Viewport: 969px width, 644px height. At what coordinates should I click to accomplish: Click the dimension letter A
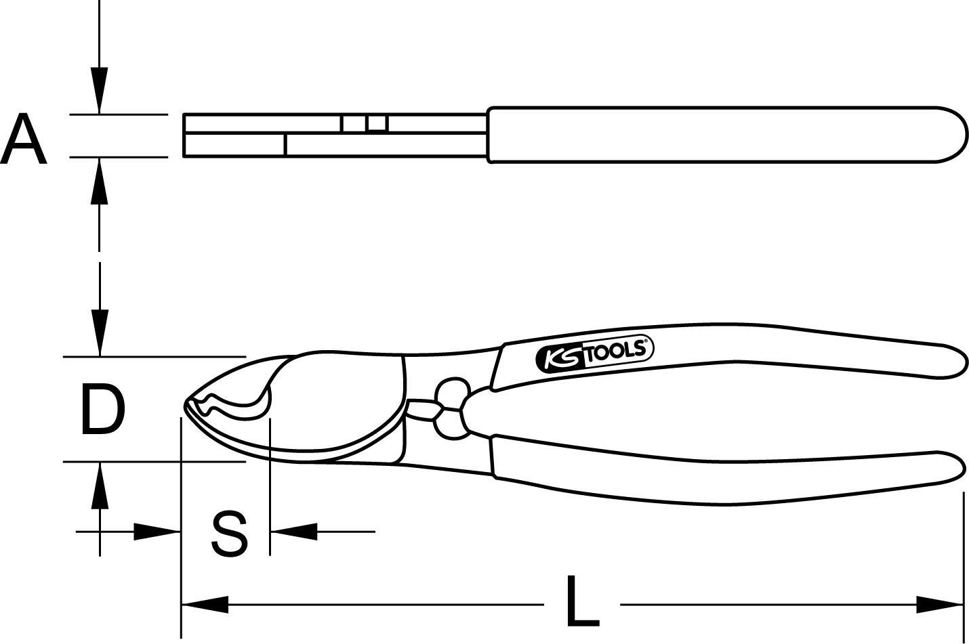[x=23, y=139]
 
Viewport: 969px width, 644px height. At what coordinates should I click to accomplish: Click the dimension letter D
[x=103, y=409]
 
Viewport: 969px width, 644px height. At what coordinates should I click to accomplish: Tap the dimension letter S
[x=229, y=533]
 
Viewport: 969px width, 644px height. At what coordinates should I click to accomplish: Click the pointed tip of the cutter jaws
[x=186, y=404]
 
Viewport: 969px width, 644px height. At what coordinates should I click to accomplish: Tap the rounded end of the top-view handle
[x=955, y=134]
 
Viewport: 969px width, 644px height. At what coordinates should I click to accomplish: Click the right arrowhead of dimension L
[x=939, y=604]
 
